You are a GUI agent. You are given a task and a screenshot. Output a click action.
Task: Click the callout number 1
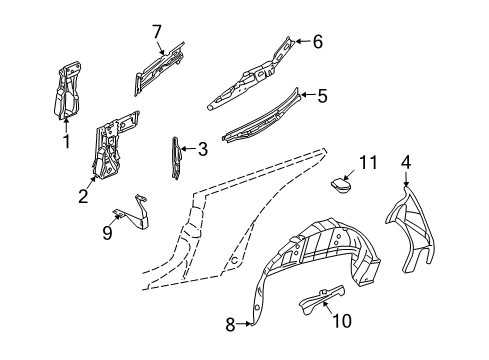tap(67, 141)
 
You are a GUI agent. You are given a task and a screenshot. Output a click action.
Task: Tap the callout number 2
tap(83, 196)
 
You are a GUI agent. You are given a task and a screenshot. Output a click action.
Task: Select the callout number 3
tap(203, 149)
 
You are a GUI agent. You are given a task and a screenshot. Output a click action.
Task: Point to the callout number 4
tap(406, 163)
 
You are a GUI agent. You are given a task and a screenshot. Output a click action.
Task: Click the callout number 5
tap(322, 96)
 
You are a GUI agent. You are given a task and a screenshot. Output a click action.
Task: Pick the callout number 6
tap(318, 42)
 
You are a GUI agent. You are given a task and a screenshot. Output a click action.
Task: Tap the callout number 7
tap(157, 32)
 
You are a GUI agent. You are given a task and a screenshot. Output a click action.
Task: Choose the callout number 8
tap(230, 324)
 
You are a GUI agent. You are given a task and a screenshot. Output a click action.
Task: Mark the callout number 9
tap(107, 233)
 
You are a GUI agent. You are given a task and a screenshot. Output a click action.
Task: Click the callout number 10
tap(342, 321)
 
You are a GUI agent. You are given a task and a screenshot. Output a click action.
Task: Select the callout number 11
tap(368, 162)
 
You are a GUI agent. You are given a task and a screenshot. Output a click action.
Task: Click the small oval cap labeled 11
tap(341, 185)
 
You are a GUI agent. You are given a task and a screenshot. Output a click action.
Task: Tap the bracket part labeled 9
tap(133, 213)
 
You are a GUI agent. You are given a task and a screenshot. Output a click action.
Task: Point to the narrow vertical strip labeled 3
tap(176, 158)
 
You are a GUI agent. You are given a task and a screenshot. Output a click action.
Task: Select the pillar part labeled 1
tap(68, 90)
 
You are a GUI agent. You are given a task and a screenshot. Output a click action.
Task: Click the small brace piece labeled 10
tap(322, 297)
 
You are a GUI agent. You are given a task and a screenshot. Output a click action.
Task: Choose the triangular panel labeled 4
tap(410, 230)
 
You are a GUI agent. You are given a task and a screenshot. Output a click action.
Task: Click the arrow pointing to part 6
tap(302, 41)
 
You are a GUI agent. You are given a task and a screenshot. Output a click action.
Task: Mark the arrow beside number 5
tap(307, 95)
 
